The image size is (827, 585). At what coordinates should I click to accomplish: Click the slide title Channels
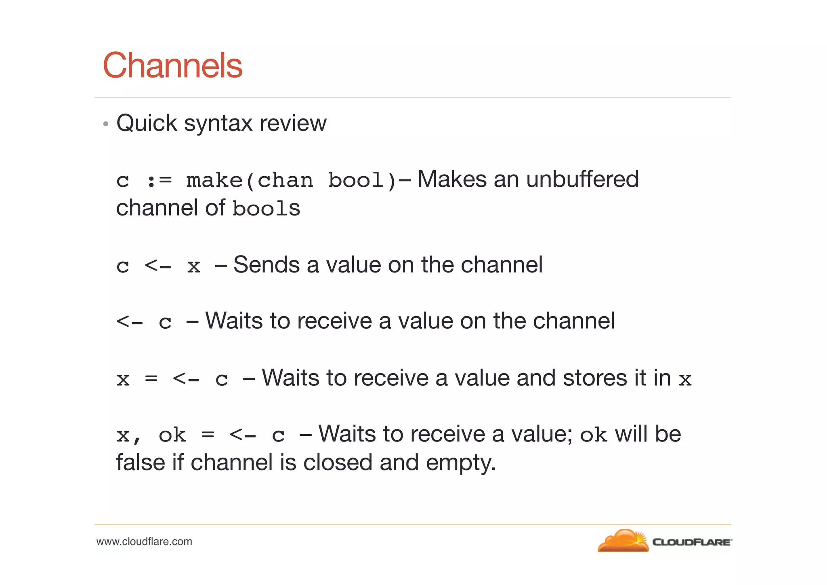(172, 65)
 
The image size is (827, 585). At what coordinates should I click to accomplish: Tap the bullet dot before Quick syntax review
(106, 124)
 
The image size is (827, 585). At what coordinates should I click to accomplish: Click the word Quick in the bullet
(147, 123)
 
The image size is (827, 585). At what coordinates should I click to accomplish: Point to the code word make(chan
(249, 180)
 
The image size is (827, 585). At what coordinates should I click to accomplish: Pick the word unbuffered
(582, 179)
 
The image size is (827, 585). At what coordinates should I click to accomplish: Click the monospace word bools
(266, 209)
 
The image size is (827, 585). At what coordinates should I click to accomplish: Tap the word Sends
(267, 265)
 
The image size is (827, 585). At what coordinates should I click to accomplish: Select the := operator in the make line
(159, 181)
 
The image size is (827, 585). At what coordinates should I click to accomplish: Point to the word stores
(595, 378)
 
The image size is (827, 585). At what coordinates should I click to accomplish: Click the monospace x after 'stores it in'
(685, 379)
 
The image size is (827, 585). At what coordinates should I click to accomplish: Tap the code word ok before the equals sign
(172, 435)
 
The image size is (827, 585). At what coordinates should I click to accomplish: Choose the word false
(141, 463)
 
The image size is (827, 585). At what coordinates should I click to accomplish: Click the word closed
(338, 463)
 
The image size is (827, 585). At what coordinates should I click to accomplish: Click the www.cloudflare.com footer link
(144, 542)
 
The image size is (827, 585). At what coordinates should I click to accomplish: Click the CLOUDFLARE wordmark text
(691, 542)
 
